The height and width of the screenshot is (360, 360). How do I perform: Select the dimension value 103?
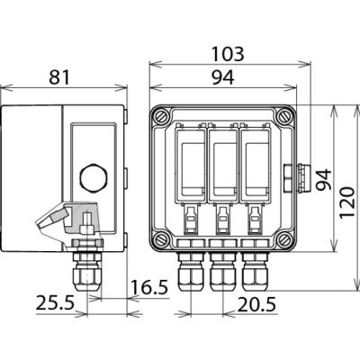coord(226,51)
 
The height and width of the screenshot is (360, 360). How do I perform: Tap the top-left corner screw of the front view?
coord(160,116)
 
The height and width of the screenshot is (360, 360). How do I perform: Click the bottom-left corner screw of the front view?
coord(160,239)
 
